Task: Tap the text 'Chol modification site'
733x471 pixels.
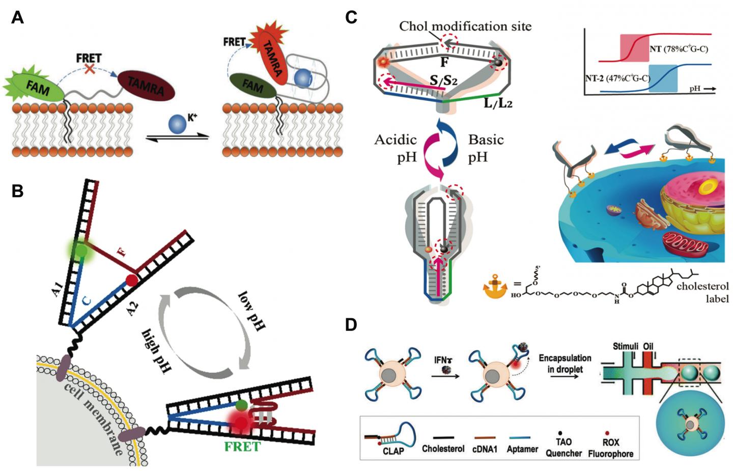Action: click(465, 26)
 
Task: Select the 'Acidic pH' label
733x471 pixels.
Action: click(396, 148)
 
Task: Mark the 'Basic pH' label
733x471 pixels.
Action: click(486, 148)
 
